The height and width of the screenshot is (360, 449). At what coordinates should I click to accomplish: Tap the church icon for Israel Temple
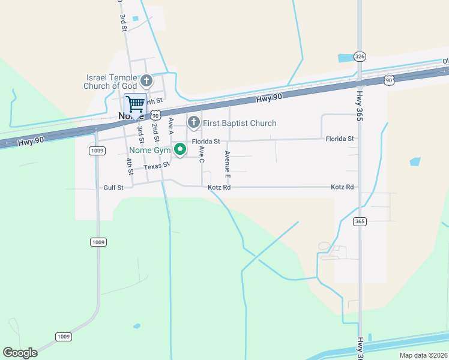(x=146, y=80)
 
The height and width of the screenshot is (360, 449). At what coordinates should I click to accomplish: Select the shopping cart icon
(x=135, y=104)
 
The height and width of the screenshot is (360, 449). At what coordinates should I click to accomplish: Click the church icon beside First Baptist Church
(x=193, y=123)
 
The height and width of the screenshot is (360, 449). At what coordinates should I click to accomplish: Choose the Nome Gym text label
(x=149, y=149)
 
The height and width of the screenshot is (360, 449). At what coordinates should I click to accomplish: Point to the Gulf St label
(x=113, y=188)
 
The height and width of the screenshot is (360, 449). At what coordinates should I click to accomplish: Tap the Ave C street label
(x=202, y=154)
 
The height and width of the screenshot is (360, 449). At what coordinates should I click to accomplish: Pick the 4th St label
(x=129, y=166)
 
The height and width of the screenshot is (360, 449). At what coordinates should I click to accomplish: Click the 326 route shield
(x=360, y=56)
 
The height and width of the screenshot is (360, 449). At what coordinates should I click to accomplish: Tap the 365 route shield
(x=360, y=222)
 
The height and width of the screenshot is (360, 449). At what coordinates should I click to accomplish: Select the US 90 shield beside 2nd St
(x=155, y=114)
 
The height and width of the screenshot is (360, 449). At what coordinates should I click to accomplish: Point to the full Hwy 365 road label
(x=360, y=106)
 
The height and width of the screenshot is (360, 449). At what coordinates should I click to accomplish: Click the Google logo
(x=20, y=353)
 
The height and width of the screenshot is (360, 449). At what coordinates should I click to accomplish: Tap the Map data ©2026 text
(x=423, y=355)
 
